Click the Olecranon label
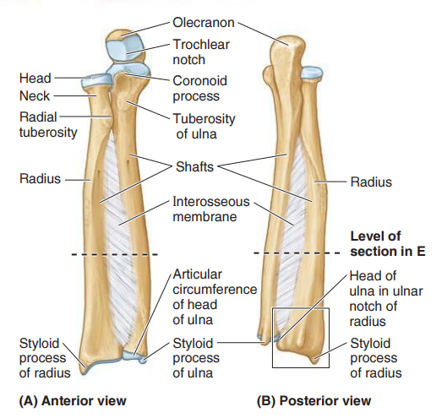(x=203, y=23)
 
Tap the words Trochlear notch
(x=201, y=52)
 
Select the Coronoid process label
(x=199, y=89)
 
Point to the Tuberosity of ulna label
(x=204, y=127)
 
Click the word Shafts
(x=194, y=166)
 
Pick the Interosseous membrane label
(x=211, y=209)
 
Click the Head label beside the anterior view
(x=35, y=78)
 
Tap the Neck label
(x=35, y=96)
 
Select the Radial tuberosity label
(x=48, y=125)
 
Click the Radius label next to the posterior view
(x=371, y=182)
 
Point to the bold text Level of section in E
(x=388, y=244)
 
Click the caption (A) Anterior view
(x=73, y=401)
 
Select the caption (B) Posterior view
(x=314, y=401)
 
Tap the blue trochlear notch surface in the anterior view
(x=123, y=50)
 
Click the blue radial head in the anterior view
(x=96, y=80)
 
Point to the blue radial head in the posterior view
(x=312, y=73)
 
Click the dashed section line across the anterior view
(x=114, y=255)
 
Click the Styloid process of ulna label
(x=196, y=358)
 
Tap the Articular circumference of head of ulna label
(x=215, y=297)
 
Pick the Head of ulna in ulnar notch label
(x=386, y=299)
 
